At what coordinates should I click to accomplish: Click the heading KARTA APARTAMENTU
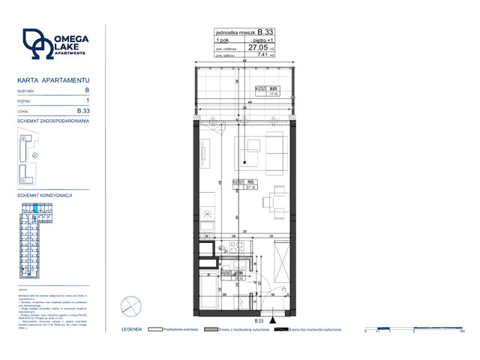pyautogui.click(x=54, y=79)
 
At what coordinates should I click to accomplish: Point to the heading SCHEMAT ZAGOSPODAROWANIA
pyautogui.click(x=53, y=120)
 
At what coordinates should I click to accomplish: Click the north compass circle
pyautogui.click(x=130, y=305)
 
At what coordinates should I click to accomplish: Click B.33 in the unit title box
pyautogui.click(x=265, y=32)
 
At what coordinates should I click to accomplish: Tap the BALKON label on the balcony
pyautogui.click(x=274, y=88)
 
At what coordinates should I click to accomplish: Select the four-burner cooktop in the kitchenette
pyautogui.click(x=209, y=213)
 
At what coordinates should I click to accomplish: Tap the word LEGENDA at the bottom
pyautogui.click(x=133, y=329)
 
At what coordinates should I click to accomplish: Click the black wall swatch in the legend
pyautogui.click(x=280, y=329)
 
